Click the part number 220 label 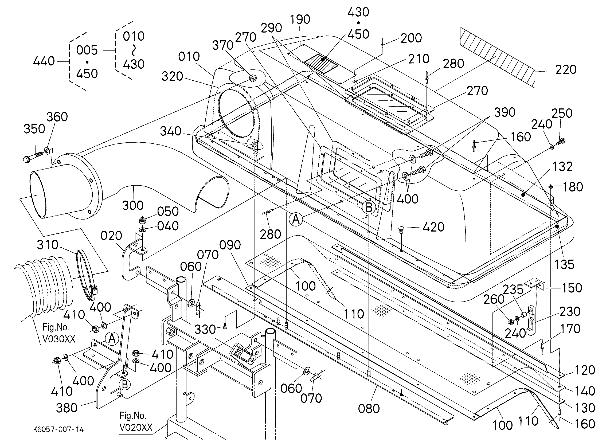tap(566, 70)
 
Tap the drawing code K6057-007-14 tap(58, 429)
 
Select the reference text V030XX tap(59, 339)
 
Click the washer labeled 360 tap(47, 150)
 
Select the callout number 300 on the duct tap(133, 205)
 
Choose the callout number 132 tap(562, 167)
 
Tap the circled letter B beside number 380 tap(125, 384)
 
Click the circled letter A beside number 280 tap(296, 219)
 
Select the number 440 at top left tap(44, 61)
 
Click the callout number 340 tap(171, 131)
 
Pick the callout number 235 tap(513, 289)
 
